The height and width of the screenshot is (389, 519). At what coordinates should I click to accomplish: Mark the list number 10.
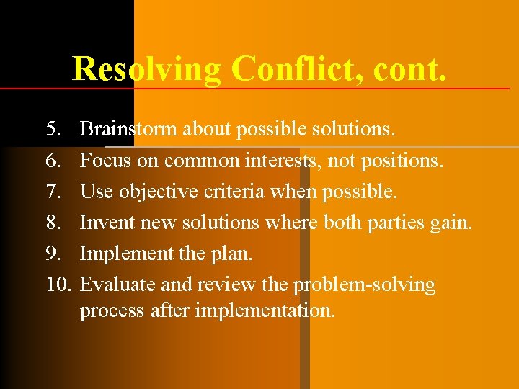(x=57, y=285)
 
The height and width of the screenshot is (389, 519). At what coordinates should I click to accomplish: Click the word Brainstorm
(x=129, y=130)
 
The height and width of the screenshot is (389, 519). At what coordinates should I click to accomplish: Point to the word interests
(x=285, y=161)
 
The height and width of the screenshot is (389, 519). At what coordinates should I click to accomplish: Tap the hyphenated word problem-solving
(x=364, y=285)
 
